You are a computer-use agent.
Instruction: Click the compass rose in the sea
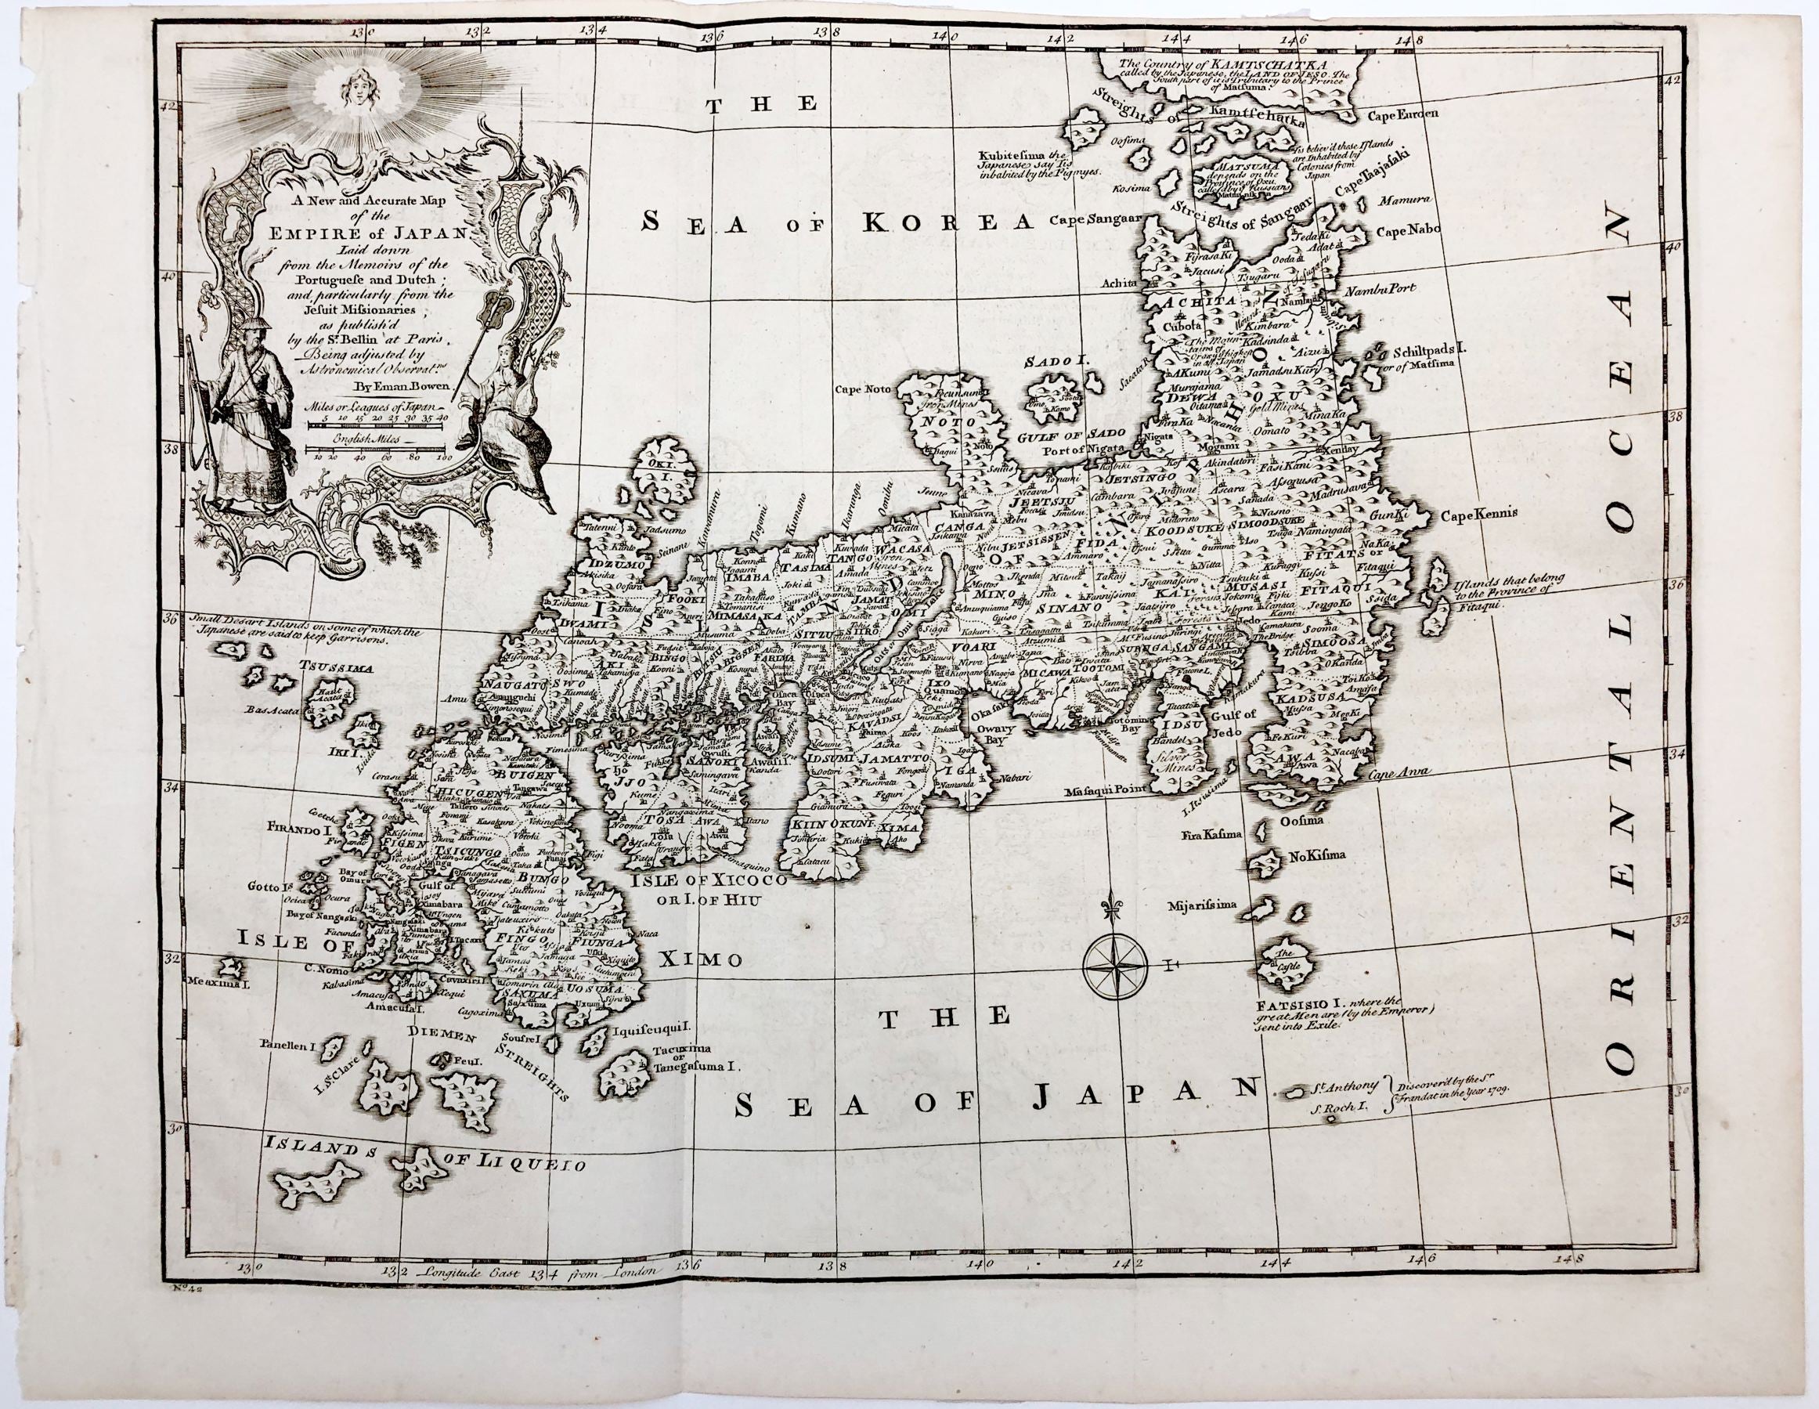tap(1118, 965)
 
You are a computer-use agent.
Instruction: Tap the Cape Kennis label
tap(1489, 513)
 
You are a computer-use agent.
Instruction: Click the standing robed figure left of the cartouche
tap(247, 417)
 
